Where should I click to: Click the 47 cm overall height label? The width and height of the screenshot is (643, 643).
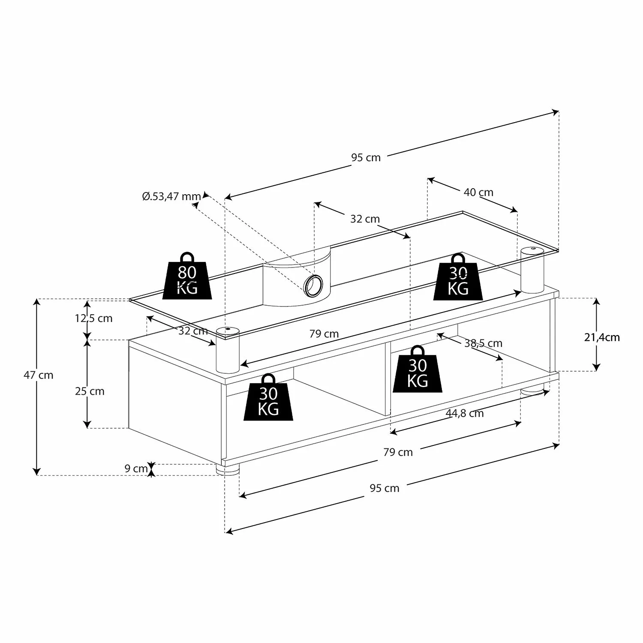(x=39, y=376)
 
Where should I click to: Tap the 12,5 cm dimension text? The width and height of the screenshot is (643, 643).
(x=93, y=318)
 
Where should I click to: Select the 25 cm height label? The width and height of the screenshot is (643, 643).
(x=90, y=391)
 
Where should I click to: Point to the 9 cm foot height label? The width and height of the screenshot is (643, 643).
(x=136, y=469)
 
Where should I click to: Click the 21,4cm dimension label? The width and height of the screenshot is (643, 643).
(x=602, y=338)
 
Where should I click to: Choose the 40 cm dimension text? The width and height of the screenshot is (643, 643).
(x=478, y=192)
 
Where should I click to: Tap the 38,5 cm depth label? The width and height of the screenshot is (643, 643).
(x=483, y=343)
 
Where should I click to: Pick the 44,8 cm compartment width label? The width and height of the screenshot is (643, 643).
(x=465, y=413)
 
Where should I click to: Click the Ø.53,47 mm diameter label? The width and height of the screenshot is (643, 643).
(x=171, y=197)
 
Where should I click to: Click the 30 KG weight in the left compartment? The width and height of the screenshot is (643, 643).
(x=268, y=399)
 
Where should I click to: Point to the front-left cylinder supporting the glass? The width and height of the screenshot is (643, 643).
(x=227, y=349)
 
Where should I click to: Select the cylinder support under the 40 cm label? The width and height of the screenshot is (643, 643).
(x=532, y=270)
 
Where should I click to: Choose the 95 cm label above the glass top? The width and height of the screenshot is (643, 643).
(x=366, y=158)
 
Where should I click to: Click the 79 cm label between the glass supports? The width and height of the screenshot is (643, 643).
(x=324, y=334)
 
